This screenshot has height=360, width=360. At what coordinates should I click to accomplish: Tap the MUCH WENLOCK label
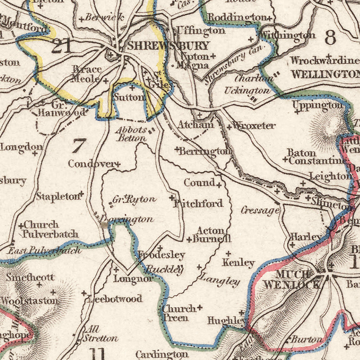click(292, 279)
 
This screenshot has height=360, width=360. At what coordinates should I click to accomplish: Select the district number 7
click(79, 146)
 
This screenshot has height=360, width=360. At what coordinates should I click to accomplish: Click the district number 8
click(330, 38)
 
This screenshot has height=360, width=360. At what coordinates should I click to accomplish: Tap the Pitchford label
click(198, 204)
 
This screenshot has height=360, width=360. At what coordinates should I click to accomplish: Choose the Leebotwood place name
click(115, 299)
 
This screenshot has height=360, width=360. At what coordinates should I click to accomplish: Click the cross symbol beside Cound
click(219, 185)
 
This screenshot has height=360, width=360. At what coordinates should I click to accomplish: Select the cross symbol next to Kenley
click(228, 254)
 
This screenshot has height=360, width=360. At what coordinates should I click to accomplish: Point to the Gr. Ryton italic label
click(134, 199)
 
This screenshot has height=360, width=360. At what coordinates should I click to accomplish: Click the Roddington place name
click(237, 17)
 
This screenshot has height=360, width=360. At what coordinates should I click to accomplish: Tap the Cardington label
click(162, 354)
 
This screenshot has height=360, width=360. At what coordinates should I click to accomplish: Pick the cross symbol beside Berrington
click(177, 149)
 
